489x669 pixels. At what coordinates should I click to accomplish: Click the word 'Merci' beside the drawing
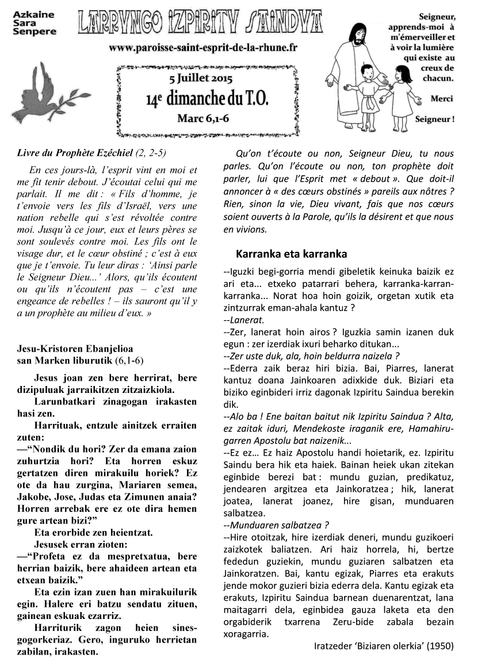tap(442, 98)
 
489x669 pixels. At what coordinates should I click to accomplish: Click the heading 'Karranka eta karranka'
tap(291, 254)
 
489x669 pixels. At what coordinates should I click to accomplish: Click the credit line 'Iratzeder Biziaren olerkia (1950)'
tap(384, 645)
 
